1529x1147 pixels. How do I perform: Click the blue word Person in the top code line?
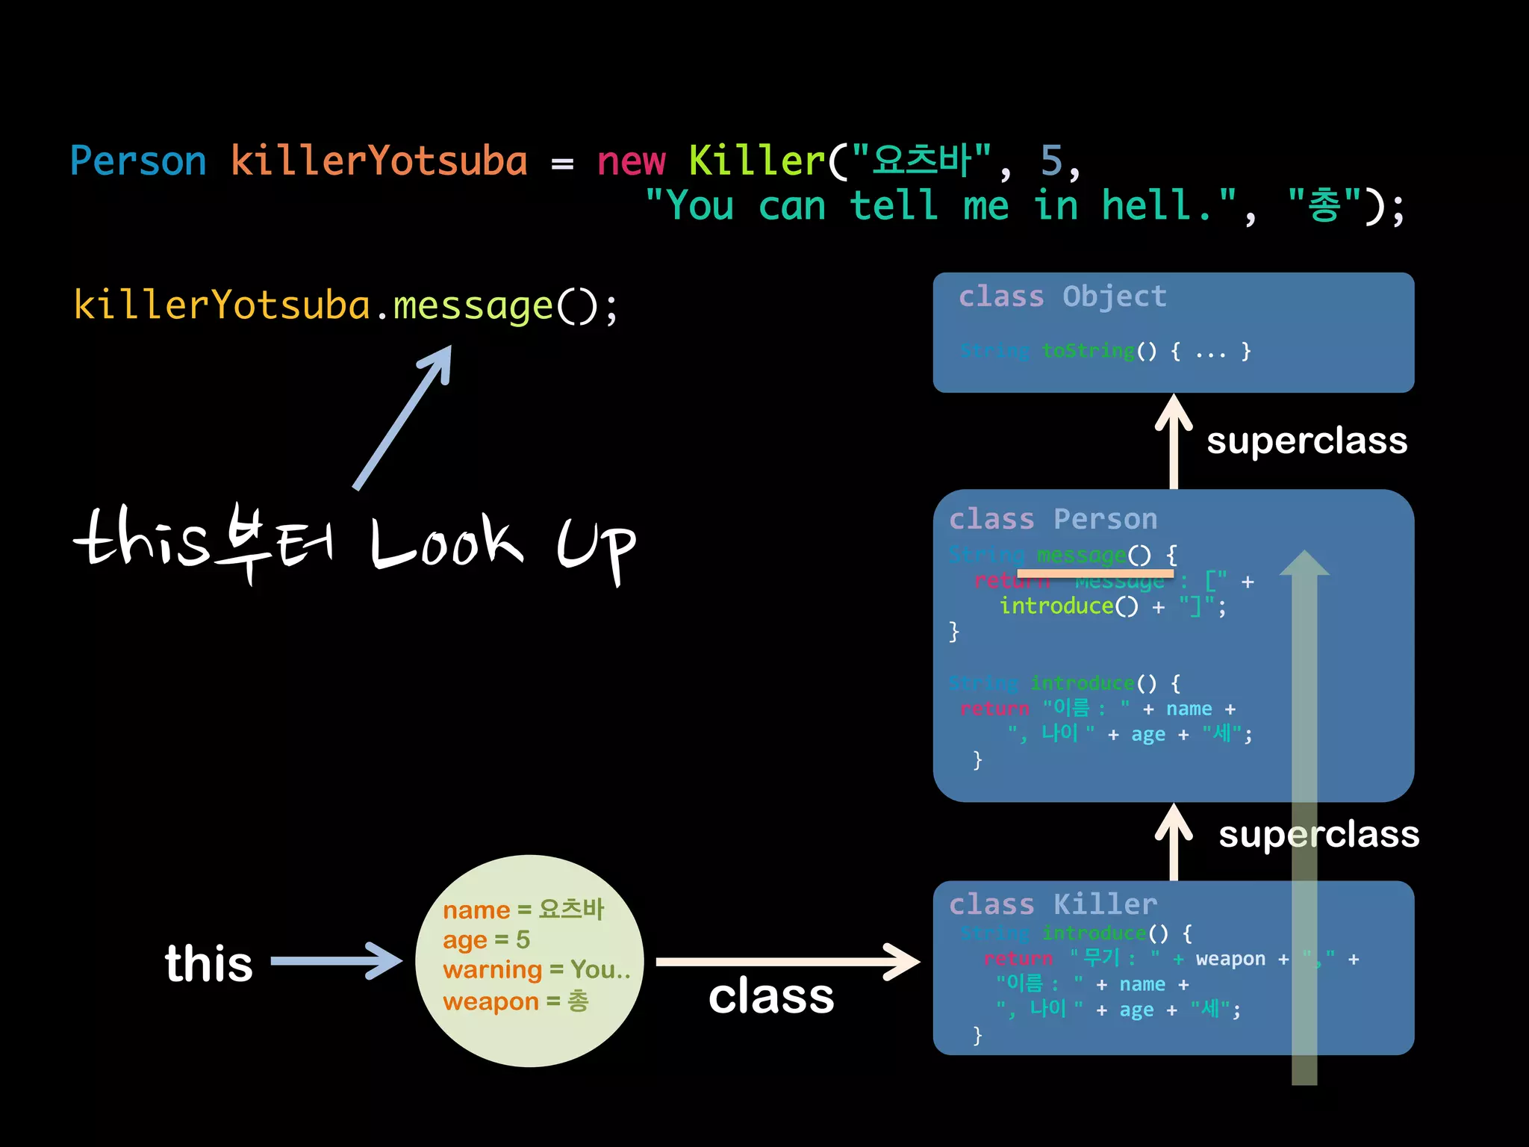pos(138,161)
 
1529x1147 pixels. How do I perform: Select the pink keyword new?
pos(631,161)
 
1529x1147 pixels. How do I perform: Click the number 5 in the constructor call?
pos(1051,161)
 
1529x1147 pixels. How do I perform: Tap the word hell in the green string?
pos(1147,205)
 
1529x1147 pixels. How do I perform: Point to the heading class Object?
pos(1062,296)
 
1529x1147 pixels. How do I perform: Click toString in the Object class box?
pos(1088,350)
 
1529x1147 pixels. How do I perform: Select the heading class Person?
pos(1053,519)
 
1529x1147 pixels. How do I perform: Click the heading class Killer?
pos(1053,904)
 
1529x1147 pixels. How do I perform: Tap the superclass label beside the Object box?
pos(1307,441)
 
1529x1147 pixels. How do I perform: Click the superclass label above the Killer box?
pos(1318,834)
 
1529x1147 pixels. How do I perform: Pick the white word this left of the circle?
pos(209,963)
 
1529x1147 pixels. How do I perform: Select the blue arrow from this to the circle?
pos(336,961)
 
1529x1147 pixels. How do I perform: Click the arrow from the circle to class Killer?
pos(788,962)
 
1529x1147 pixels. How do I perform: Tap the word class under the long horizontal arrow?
pos(771,996)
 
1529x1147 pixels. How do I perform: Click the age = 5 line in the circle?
pos(486,939)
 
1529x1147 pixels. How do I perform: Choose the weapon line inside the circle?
pos(515,1001)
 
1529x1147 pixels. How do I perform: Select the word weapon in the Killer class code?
pos(1230,959)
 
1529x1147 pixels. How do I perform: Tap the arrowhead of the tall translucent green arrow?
pos(1304,564)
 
